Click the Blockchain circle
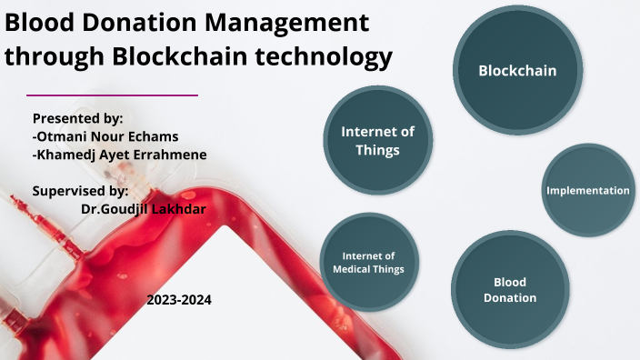[x=517, y=70]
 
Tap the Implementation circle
[x=587, y=190]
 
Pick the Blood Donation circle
[x=509, y=289]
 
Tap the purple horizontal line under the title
[x=113, y=95]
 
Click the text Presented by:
[x=77, y=118]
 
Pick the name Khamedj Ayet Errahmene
[x=119, y=155]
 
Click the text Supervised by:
[x=80, y=191]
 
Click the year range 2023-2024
[x=179, y=299]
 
